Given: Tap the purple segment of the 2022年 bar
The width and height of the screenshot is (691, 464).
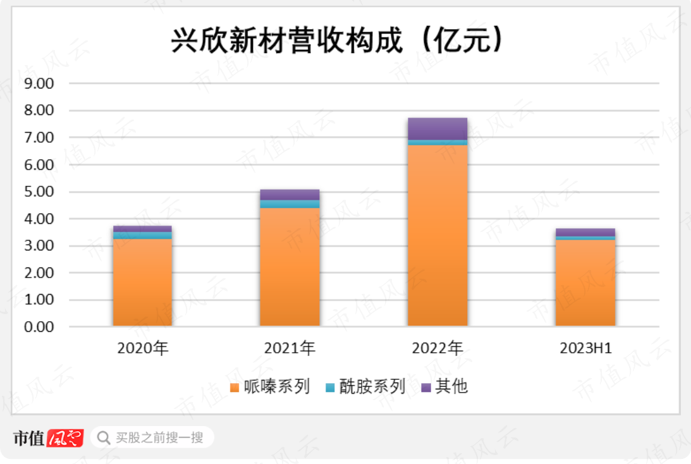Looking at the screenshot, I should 437,128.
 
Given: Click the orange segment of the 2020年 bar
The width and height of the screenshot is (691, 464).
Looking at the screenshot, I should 142,282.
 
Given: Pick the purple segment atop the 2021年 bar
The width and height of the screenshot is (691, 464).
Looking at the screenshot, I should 290,194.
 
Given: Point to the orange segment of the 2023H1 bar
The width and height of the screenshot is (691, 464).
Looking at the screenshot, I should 585,283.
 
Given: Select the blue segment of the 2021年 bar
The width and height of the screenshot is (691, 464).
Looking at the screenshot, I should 290,204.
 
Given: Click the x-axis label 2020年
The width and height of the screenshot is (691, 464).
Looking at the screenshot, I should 142,348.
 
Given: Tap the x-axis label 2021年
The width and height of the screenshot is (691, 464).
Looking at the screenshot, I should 290,348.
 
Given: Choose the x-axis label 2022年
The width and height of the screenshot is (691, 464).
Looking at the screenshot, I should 437,348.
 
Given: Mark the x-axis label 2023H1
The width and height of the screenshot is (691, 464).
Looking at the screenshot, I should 585,348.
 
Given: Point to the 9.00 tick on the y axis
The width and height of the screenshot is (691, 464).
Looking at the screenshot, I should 39,83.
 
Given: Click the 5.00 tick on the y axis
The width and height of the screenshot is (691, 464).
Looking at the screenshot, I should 39,192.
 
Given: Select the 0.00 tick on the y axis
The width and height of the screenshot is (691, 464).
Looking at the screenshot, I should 39,327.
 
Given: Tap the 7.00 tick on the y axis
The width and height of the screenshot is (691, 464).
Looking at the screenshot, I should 39,138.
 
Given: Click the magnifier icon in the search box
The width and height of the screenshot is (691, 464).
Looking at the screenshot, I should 103,437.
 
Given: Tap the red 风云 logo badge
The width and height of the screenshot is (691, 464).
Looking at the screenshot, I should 65,437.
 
